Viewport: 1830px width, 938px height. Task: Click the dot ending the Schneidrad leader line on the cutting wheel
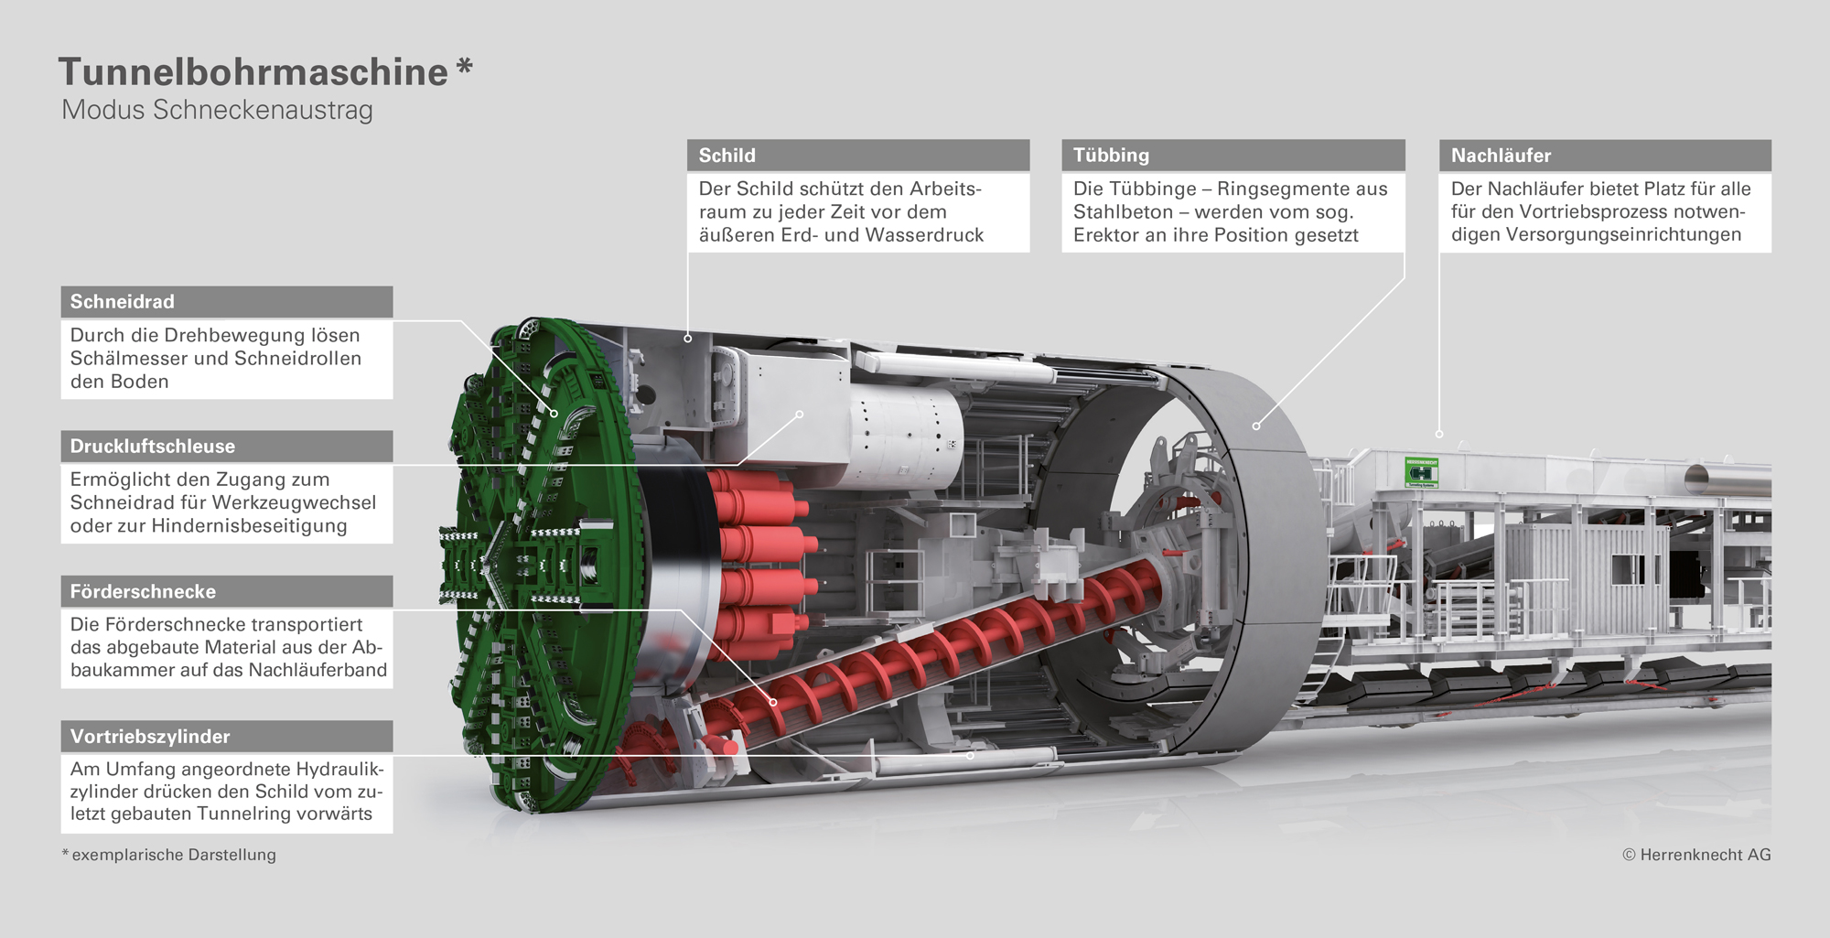click(x=554, y=414)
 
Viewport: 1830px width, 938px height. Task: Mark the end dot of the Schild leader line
click(x=688, y=339)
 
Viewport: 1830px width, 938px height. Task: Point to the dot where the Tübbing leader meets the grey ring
click(x=1256, y=426)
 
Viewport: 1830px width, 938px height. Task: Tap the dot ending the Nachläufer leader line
click(x=1439, y=434)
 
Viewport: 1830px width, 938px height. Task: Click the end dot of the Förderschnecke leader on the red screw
click(x=773, y=702)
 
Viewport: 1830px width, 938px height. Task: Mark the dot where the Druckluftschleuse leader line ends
click(x=800, y=415)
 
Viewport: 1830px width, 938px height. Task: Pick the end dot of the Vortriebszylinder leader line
click(x=971, y=756)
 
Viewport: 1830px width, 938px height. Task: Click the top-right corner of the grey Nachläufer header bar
click(x=1771, y=140)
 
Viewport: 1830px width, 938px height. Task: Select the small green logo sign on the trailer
click(x=1422, y=472)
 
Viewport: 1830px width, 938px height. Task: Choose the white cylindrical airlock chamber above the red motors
click(x=906, y=435)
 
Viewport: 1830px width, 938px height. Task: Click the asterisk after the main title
click(x=465, y=67)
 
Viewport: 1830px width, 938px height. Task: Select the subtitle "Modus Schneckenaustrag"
click(x=217, y=110)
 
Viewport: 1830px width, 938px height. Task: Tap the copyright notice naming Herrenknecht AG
click(x=1696, y=855)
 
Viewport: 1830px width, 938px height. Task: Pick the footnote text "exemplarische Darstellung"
click(x=174, y=855)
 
